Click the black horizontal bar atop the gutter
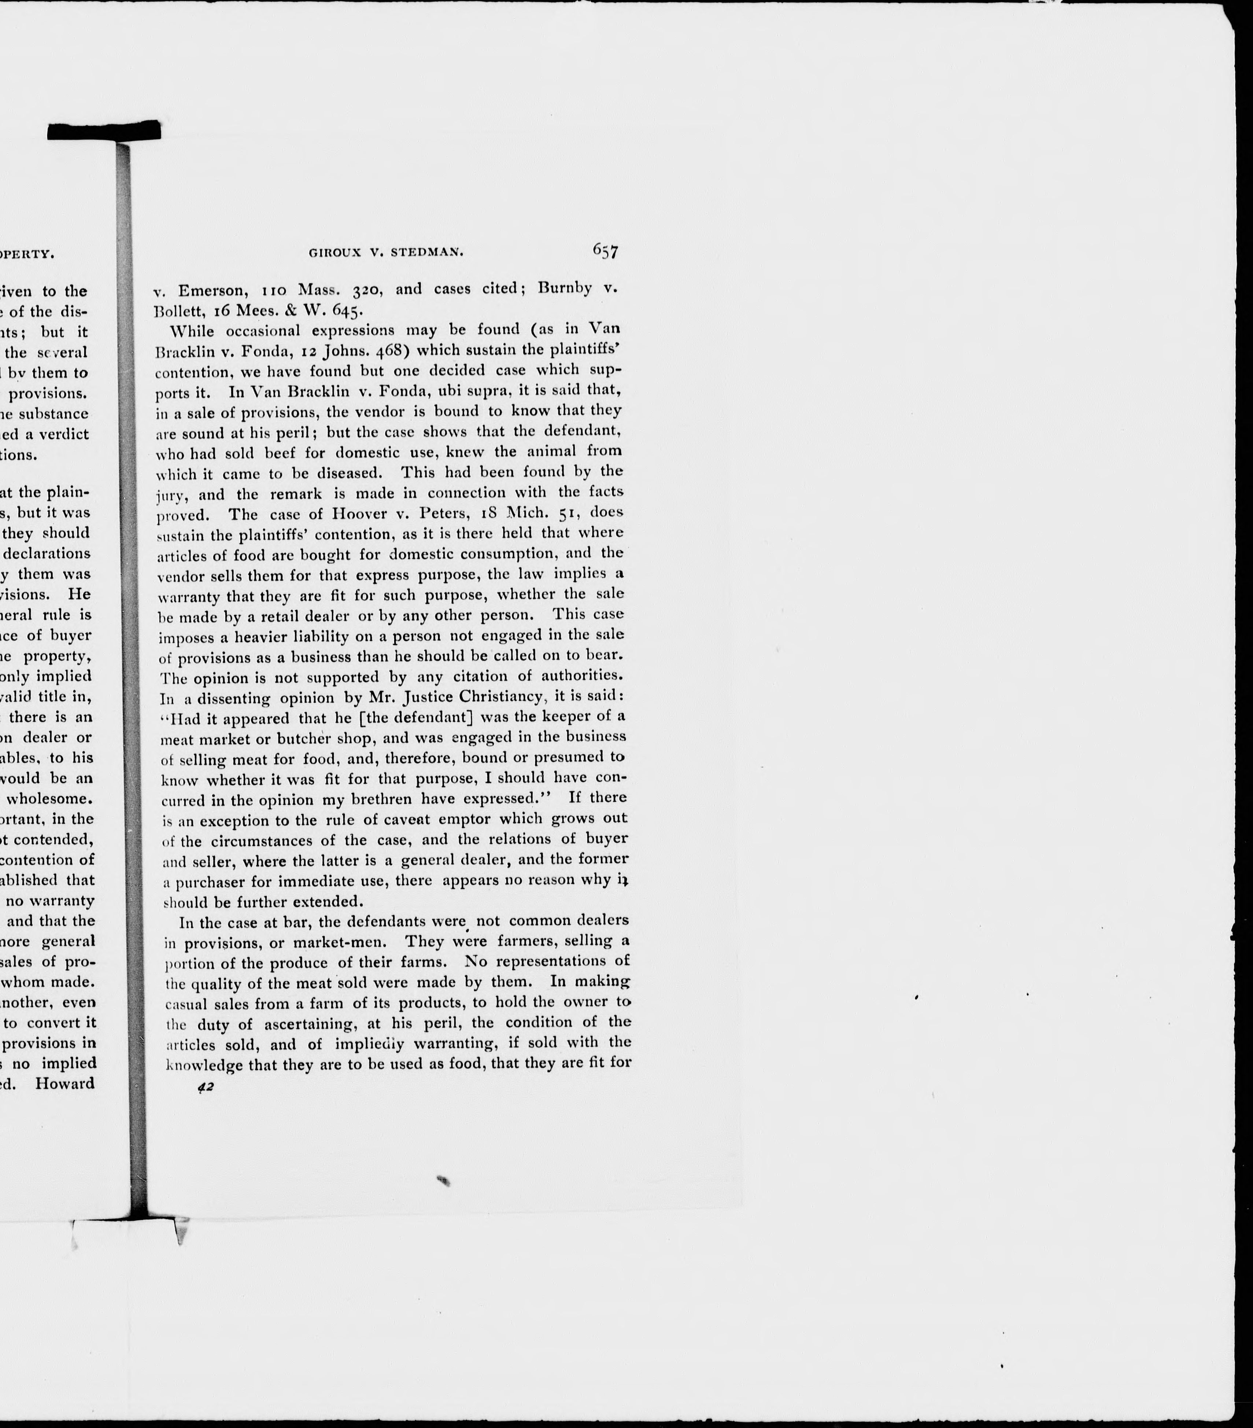click(104, 130)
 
